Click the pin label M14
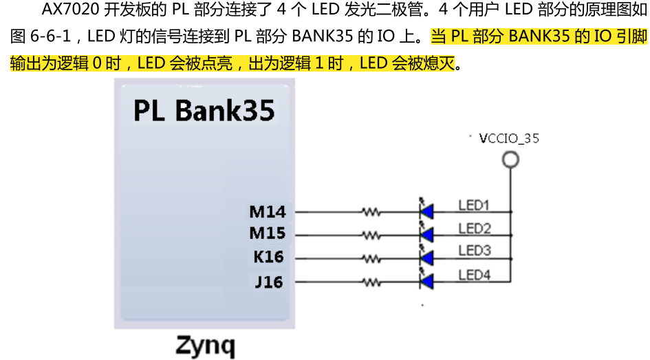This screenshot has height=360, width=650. pyautogui.click(x=267, y=211)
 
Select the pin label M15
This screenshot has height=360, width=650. pyautogui.click(x=267, y=234)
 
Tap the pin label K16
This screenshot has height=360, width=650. pyautogui.click(x=268, y=257)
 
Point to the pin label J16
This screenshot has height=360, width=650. pyautogui.click(x=269, y=282)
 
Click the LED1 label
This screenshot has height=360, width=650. pyautogui.click(x=473, y=205)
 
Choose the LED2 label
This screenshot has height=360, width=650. pyautogui.click(x=474, y=229)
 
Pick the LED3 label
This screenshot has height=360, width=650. pyautogui.click(x=474, y=251)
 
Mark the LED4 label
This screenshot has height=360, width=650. pyautogui.click(x=474, y=275)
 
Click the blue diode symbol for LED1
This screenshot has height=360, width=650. pyautogui.click(x=426, y=211)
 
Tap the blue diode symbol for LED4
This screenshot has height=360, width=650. pyautogui.click(x=426, y=281)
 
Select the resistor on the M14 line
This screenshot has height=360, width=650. pyautogui.click(x=371, y=212)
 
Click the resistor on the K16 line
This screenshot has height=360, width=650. pyautogui.click(x=371, y=259)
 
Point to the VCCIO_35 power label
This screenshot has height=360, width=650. pyautogui.click(x=509, y=138)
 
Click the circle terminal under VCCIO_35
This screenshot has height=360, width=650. pyautogui.click(x=510, y=160)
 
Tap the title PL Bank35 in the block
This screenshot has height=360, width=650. pyautogui.click(x=204, y=110)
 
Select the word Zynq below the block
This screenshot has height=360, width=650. pyautogui.click(x=205, y=344)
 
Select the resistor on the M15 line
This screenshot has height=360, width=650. pyautogui.click(x=371, y=235)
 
